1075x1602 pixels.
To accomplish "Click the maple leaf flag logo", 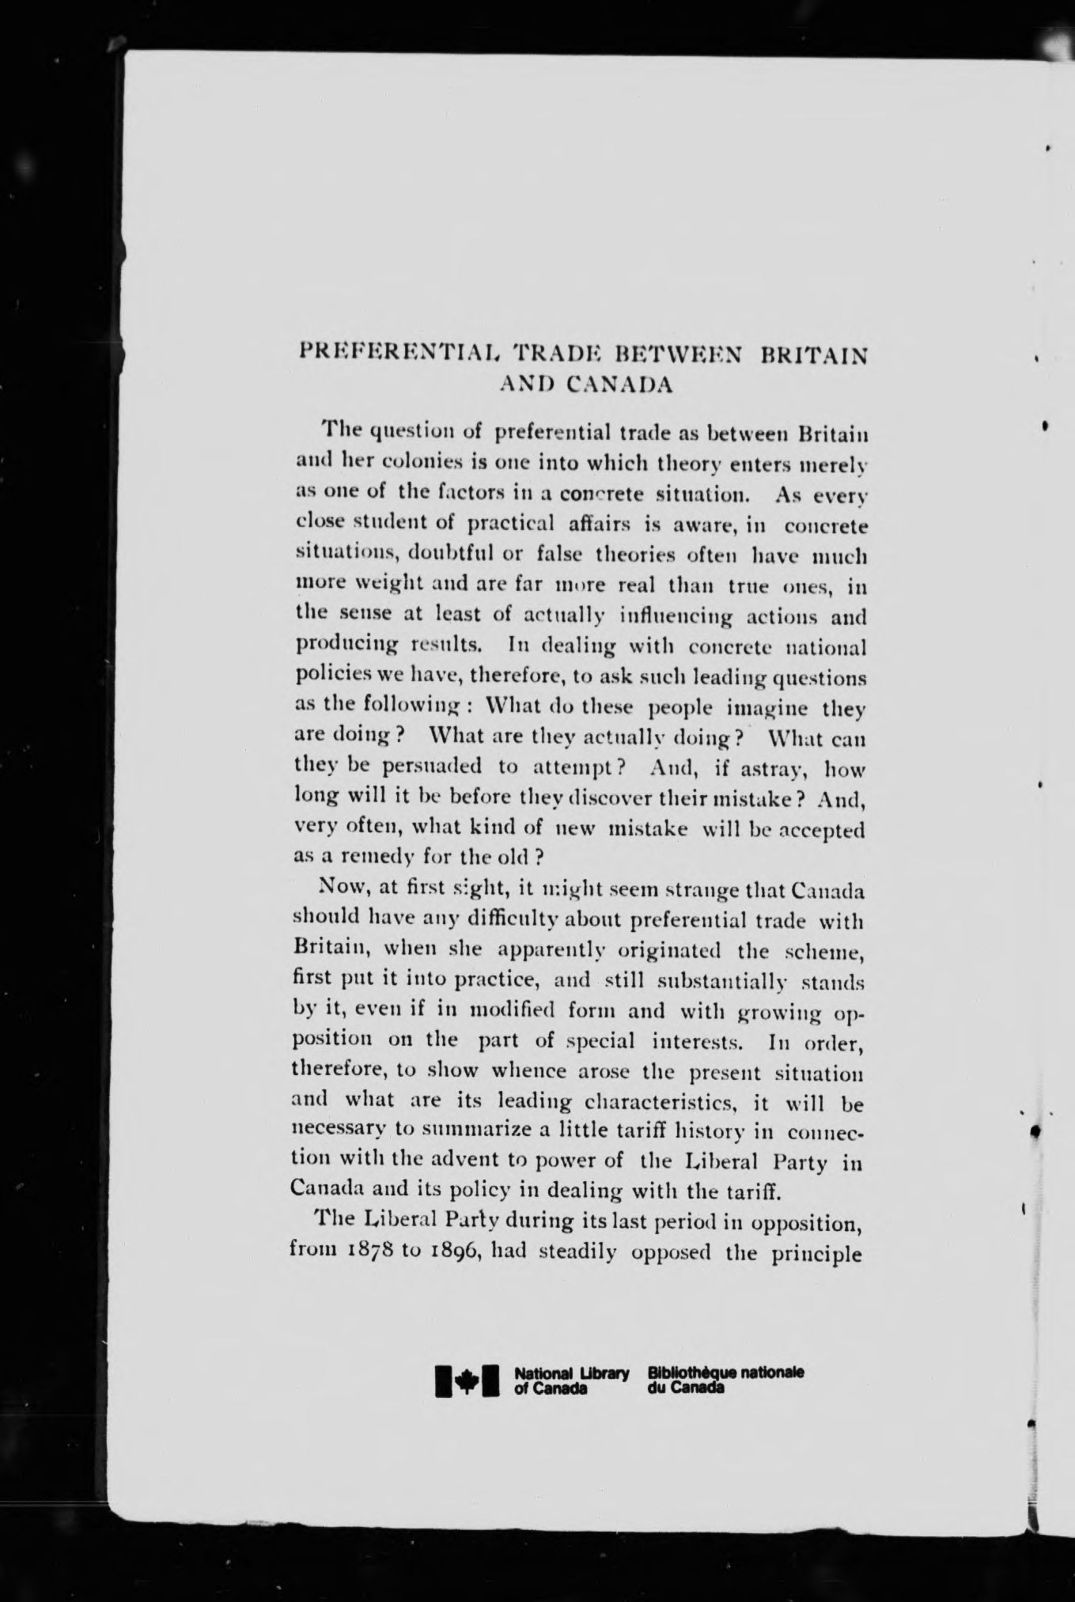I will (467, 1380).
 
